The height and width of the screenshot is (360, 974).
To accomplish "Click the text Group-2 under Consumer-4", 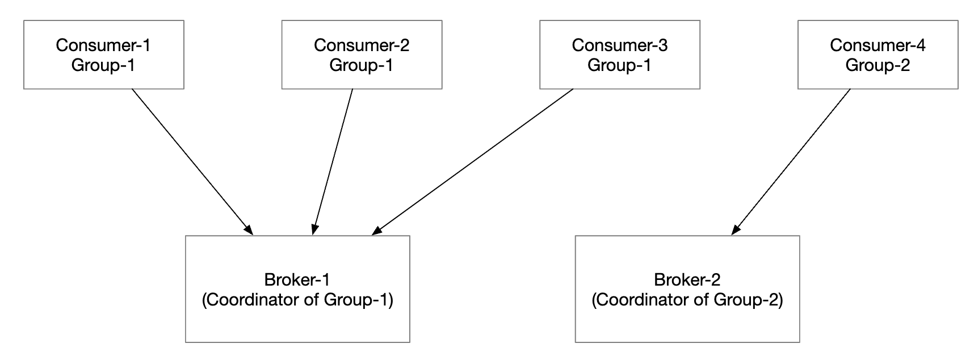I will [878, 65].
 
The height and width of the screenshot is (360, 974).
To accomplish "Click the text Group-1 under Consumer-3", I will [619, 65].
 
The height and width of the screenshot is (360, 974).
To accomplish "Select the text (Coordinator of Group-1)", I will [297, 300].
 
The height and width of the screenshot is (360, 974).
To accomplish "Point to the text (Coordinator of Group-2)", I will [687, 300].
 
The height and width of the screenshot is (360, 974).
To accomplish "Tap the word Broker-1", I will [297, 279].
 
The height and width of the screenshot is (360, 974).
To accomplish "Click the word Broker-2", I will [687, 279].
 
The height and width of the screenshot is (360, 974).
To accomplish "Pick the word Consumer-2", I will [362, 45].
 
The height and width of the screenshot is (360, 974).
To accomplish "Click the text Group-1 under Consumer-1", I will [103, 65].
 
